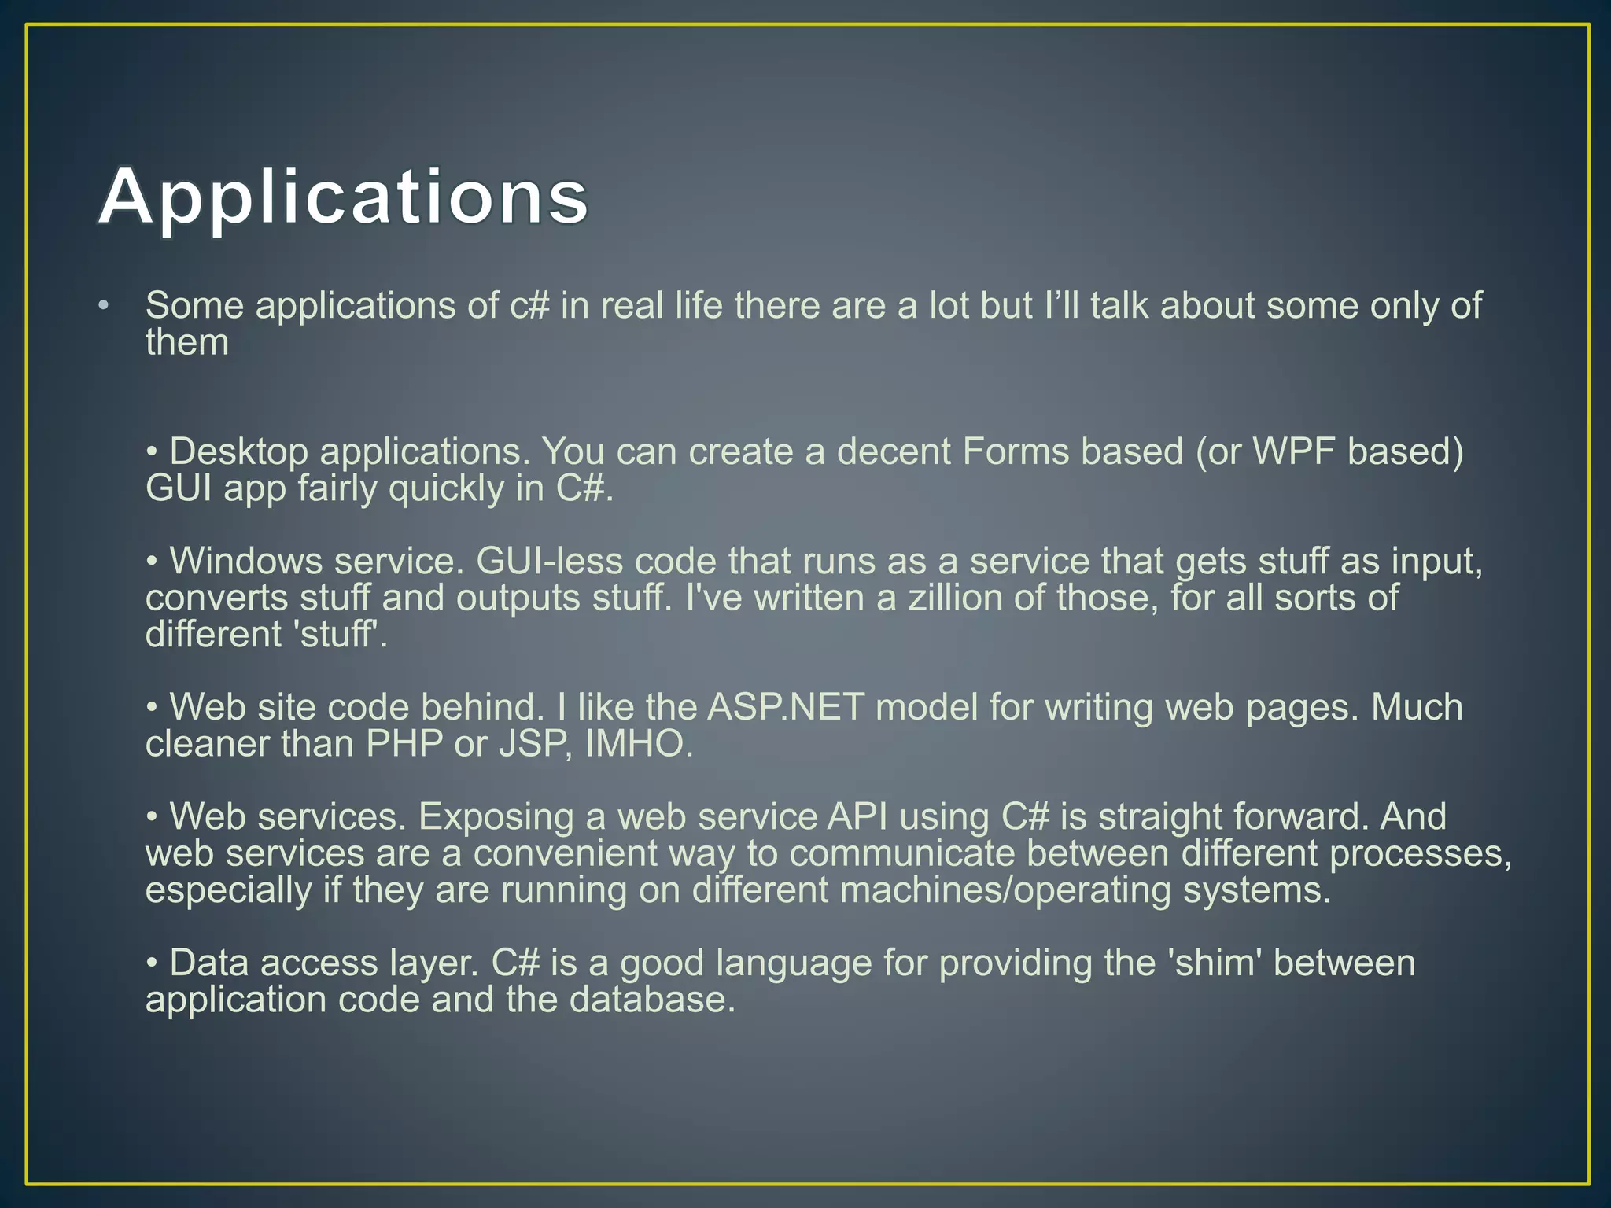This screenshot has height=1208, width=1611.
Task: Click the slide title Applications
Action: (x=344, y=197)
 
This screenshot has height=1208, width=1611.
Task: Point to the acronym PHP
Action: (x=404, y=744)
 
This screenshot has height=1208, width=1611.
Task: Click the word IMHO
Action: (x=639, y=744)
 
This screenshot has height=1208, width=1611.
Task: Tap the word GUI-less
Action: (x=549, y=562)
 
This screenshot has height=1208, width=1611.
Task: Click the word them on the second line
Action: (x=187, y=343)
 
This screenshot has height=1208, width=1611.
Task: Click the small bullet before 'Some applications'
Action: (x=103, y=306)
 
